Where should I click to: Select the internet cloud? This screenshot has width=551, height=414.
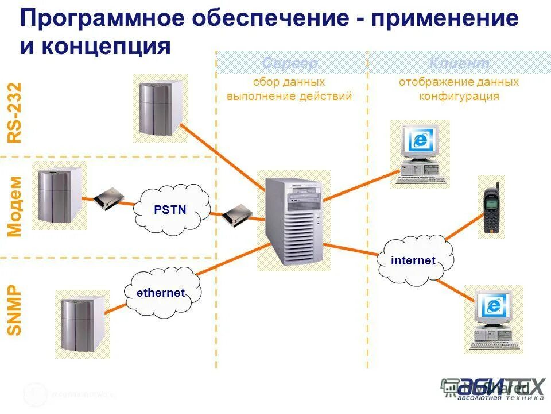[413, 260]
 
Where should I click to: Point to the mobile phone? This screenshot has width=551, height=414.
[491, 207]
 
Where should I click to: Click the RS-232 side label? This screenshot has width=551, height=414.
[14, 112]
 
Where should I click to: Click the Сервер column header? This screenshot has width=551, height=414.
[290, 63]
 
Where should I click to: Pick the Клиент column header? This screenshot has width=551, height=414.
[459, 63]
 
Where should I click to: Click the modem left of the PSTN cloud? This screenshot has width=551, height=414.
[109, 198]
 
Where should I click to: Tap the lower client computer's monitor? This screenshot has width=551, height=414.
[493, 307]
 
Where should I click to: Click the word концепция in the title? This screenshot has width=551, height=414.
[105, 46]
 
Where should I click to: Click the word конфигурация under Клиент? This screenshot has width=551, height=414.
[459, 97]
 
